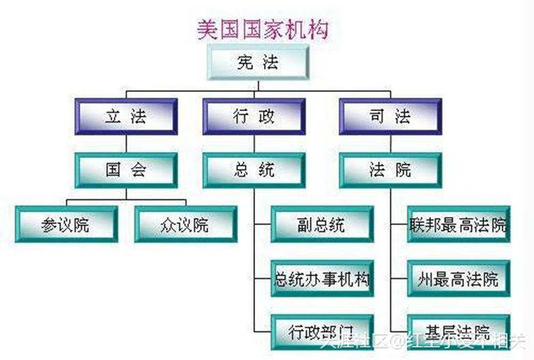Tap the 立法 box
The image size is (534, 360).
[x=126, y=116]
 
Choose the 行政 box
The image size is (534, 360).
[x=253, y=116]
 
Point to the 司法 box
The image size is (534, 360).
[x=390, y=116]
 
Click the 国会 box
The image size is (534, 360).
[x=126, y=170]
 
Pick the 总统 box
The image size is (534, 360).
[x=253, y=170]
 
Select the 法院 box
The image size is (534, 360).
[x=390, y=170]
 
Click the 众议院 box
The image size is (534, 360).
[x=186, y=224]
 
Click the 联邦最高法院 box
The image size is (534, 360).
[x=458, y=224]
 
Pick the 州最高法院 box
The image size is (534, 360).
[x=458, y=279]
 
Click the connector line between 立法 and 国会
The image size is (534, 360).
[x=126, y=144]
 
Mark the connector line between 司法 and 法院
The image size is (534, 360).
[x=390, y=144]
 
